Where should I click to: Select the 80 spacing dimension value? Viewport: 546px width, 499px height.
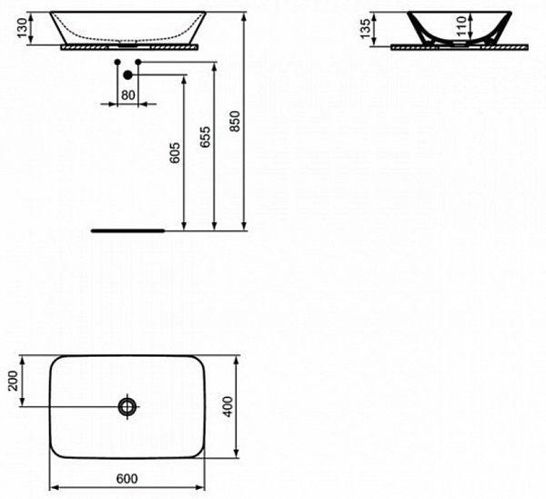[127, 94]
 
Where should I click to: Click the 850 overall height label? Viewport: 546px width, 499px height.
[235, 120]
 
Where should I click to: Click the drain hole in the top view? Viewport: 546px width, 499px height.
[126, 406]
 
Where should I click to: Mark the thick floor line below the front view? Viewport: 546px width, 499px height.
[128, 230]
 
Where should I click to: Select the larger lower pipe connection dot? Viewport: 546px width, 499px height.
[128, 74]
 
